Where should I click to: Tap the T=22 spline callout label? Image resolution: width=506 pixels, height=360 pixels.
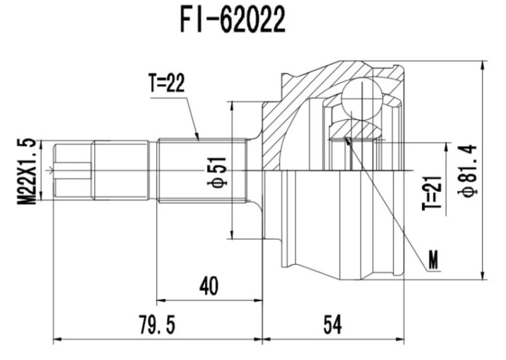pyautogui.click(x=167, y=85)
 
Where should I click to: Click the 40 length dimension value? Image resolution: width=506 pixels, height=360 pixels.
pyautogui.click(x=208, y=287)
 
